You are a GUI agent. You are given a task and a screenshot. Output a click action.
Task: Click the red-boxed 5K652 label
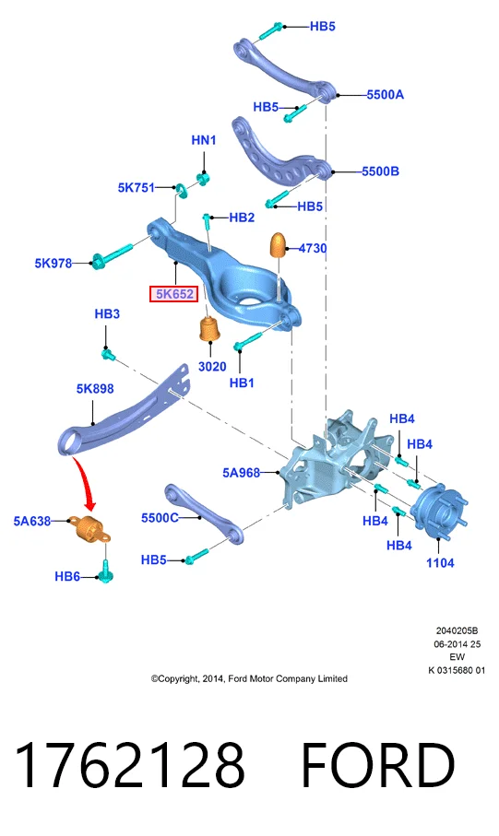(174, 294)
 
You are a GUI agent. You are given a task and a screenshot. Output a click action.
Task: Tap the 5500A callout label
(385, 95)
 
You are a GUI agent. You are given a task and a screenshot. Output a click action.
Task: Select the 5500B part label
(380, 171)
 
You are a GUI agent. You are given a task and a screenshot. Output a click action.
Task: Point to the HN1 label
(203, 140)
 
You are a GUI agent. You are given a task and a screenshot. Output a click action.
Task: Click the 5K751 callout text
(137, 188)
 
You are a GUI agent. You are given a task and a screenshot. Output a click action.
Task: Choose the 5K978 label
(53, 263)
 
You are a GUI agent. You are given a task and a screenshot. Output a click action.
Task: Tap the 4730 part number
(313, 249)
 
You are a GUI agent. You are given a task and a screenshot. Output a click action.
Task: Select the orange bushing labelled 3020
(209, 329)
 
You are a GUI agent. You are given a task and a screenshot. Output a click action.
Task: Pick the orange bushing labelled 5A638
(89, 528)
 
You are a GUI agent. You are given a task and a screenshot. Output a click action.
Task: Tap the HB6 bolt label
(67, 576)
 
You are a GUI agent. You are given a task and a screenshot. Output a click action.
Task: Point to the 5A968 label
(242, 473)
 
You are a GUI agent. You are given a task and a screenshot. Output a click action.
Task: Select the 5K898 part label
(95, 389)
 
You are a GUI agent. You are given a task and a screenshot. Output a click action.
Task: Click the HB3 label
(107, 314)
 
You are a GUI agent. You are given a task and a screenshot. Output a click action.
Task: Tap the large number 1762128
(130, 764)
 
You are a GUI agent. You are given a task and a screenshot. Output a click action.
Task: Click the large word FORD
(378, 764)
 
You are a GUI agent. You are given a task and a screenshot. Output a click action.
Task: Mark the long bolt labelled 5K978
(113, 254)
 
